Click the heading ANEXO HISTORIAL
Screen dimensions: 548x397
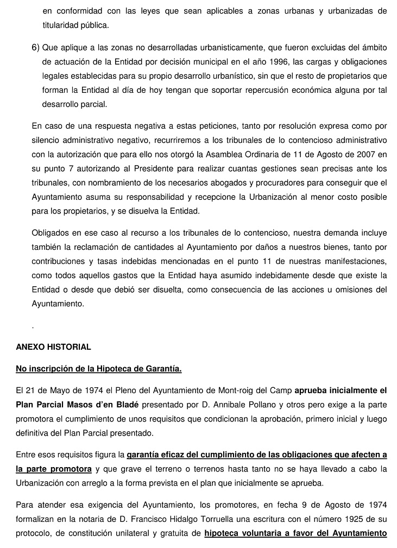coord(53,347)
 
